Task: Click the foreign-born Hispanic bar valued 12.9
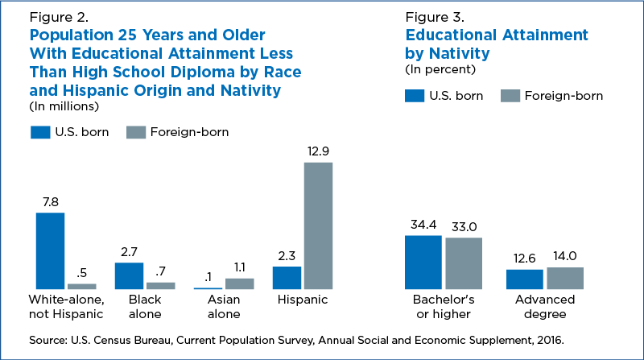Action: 318,226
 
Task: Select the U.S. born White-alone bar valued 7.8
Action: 51,250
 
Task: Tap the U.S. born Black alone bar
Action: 129,275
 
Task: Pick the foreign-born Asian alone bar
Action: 239,283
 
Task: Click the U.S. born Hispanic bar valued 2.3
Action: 287,277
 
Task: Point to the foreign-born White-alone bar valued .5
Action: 81,286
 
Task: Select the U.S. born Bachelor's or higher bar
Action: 423,262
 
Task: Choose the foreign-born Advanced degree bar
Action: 564,278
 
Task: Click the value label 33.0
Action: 463,227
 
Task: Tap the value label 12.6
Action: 524,259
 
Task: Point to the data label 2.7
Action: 129,252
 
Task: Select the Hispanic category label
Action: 302,300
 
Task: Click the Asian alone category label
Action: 224,307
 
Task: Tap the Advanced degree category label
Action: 545,307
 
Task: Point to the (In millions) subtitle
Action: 64,106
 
